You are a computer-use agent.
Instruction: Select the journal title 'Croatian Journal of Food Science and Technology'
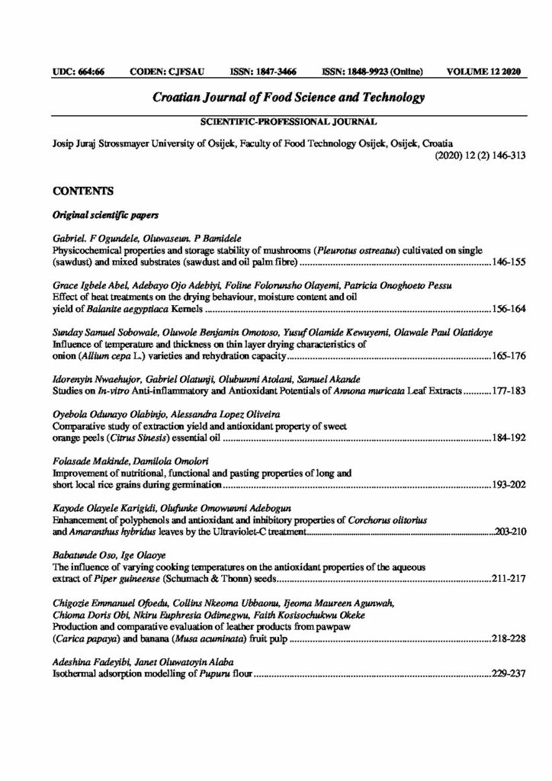coord(278,98)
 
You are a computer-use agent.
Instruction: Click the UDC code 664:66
coord(79,72)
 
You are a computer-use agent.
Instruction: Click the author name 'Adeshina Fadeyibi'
coord(92,664)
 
